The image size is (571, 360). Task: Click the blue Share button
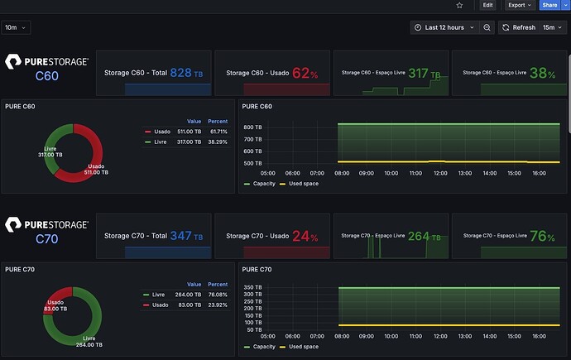[550, 5]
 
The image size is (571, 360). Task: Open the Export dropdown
[519, 5]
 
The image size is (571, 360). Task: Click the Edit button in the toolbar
[487, 5]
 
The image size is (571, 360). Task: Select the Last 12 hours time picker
[444, 27]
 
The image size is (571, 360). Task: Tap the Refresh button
[519, 27]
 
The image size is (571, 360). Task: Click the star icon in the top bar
[460, 5]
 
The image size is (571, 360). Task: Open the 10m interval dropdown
[16, 27]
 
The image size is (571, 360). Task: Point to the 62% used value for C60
[304, 73]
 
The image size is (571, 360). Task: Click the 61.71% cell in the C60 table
[217, 132]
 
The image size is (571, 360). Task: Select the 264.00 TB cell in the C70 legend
[189, 294]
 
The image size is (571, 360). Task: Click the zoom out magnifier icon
[487, 27]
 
